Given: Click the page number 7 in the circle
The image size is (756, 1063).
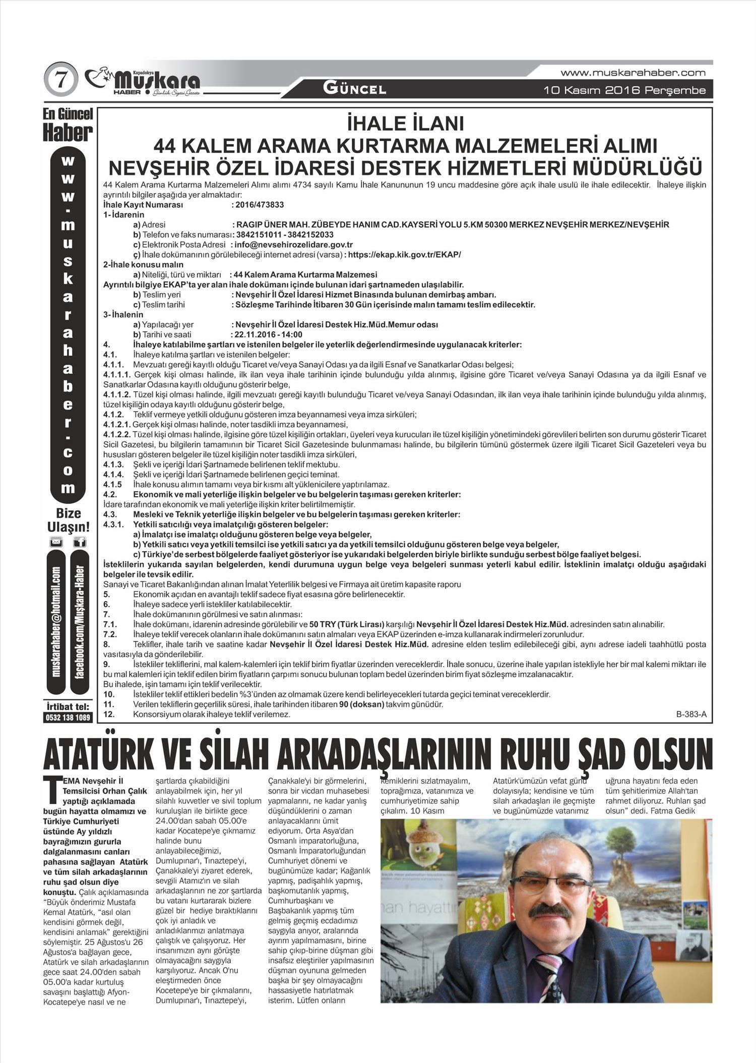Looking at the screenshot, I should (x=62, y=81).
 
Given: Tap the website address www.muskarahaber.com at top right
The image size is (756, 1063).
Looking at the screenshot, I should (x=633, y=73).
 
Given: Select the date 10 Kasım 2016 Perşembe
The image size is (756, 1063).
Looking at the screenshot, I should (x=624, y=91).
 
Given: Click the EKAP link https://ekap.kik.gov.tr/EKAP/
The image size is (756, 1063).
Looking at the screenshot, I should (x=404, y=255).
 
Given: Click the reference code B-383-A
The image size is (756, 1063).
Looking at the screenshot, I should (x=691, y=714).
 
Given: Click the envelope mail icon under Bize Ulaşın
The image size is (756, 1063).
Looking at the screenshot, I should (x=56, y=543).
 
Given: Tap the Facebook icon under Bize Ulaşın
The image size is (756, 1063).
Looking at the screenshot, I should (x=80, y=543).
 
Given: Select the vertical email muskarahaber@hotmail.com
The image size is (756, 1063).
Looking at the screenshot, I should (x=56, y=622).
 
